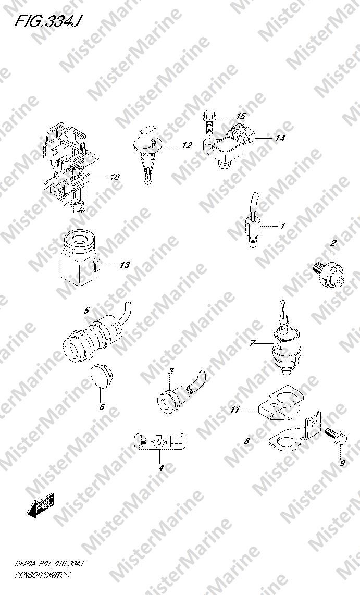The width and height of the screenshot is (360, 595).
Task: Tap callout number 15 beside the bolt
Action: click(x=241, y=116)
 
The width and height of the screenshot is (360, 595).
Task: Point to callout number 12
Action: click(x=187, y=145)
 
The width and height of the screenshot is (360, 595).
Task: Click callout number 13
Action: click(x=125, y=265)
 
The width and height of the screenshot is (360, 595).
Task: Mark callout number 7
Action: click(x=252, y=344)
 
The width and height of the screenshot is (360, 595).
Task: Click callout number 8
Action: click(x=247, y=441)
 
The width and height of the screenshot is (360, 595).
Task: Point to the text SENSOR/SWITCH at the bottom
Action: click(x=42, y=575)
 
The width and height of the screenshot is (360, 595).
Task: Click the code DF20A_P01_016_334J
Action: click(x=52, y=565)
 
